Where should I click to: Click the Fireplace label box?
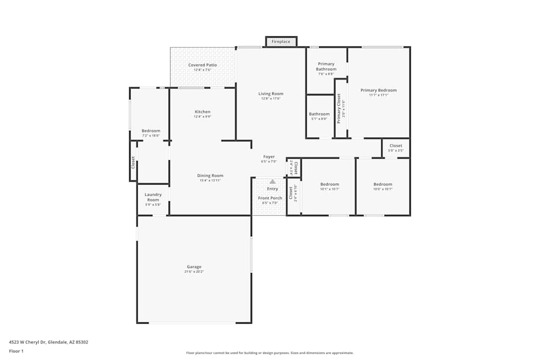pos(281,42)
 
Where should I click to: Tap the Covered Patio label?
pos(202,65)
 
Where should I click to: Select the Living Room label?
pos(271,94)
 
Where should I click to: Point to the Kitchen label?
pos(202,112)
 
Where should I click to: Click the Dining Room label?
pos(210,175)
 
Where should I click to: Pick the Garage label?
pos(194,267)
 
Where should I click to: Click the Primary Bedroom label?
pos(379,90)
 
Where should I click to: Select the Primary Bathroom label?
pos(326,66)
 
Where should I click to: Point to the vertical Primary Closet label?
pos(339,108)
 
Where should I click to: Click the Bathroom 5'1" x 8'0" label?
pos(319,114)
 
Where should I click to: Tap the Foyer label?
pos(269,157)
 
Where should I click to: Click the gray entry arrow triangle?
pos(273,182)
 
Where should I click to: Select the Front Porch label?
pos(270,198)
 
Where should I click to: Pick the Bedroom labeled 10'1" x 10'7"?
pos(329,184)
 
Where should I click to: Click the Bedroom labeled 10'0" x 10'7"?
pos(383,184)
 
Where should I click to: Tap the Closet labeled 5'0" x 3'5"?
pos(396,146)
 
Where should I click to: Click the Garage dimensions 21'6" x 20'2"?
pos(194,271)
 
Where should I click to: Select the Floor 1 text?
pos(16,351)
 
